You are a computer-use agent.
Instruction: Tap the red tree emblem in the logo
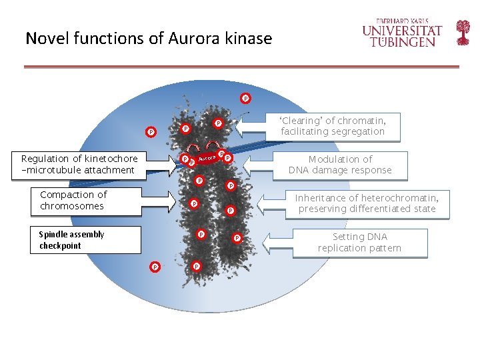point(463,32)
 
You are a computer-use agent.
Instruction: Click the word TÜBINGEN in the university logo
point(403,42)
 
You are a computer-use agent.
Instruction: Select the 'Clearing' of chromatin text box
point(333,126)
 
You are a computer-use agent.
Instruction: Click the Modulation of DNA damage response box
point(340,165)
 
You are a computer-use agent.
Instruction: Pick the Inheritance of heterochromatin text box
point(367,203)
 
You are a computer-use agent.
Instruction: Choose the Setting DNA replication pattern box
point(360,243)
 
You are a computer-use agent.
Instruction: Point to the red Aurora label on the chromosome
point(207,158)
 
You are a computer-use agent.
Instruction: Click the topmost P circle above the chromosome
point(245,98)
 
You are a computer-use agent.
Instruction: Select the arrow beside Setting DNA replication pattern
point(279,239)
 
